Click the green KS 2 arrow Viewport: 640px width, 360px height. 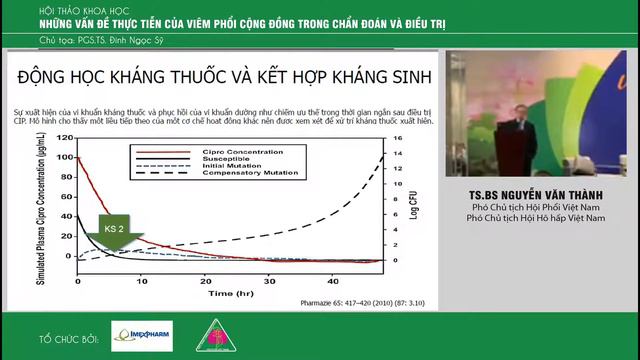[113, 231]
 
